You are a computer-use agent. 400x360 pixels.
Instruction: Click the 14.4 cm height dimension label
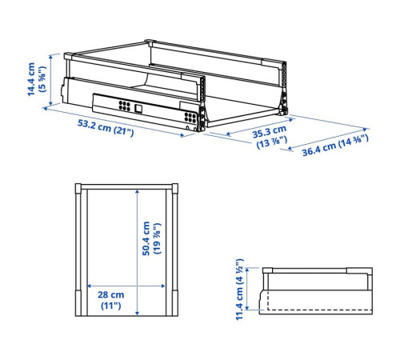pos(31,79)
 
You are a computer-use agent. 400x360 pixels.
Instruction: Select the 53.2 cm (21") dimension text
pos(106,128)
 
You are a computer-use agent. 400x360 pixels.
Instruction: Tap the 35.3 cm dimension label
pos(270,132)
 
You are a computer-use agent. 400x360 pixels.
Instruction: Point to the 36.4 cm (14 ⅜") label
pos(335,145)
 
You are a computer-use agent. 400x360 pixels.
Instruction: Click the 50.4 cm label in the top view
pos(146,238)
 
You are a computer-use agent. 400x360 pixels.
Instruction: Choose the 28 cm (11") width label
pos(111,300)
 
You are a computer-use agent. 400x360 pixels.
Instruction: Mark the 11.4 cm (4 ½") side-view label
pos(240,289)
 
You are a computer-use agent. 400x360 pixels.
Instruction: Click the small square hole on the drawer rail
pos(138,108)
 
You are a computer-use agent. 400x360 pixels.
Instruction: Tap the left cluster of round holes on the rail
pos(124,106)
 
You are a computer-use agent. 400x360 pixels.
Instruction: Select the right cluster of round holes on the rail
pos(190,118)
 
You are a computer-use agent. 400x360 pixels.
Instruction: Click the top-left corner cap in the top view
pos(78,188)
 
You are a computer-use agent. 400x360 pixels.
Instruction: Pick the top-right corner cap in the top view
pos(175,188)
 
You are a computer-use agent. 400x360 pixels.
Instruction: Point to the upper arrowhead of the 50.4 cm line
pos(137,192)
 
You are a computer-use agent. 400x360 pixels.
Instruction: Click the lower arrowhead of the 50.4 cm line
pos(137,313)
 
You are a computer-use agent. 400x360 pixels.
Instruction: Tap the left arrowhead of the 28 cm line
pos(90,286)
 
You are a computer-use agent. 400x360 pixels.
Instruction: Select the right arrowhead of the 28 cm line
pos(162,286)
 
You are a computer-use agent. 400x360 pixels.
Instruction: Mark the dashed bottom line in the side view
pos(319,310)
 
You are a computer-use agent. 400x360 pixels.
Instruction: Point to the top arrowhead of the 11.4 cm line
pos(247,270)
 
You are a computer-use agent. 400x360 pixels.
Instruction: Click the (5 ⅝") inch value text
pos(42,79)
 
